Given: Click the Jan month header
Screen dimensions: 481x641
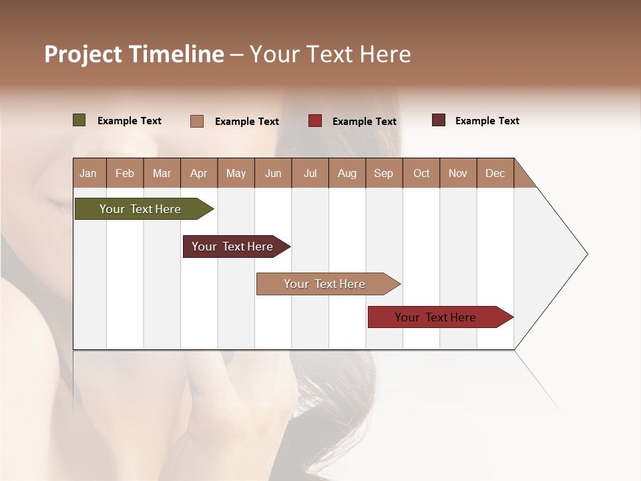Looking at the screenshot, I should [88, 173].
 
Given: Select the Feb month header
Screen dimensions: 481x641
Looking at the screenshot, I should [125, 173].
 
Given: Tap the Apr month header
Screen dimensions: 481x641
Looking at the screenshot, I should [198, 173].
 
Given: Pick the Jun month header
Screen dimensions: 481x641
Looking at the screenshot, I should [273, 173].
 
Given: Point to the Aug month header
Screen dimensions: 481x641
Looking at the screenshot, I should [347, 173].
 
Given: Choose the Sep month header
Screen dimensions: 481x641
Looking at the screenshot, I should [383, 173].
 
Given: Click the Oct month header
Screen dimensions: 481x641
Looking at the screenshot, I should [421, 173].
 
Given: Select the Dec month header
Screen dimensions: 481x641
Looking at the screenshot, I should [495, 173].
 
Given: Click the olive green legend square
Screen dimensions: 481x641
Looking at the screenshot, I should [79, 120].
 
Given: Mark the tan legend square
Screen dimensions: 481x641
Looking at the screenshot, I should [197, 121].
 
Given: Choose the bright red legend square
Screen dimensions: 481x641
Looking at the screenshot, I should [315, 121].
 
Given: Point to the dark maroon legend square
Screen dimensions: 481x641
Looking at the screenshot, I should [439, 120].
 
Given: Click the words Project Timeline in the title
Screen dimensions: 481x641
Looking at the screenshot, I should [134, 54].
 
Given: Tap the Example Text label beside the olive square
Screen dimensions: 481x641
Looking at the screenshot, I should [130, 121].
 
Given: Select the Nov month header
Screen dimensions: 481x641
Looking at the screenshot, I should [458, 173].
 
